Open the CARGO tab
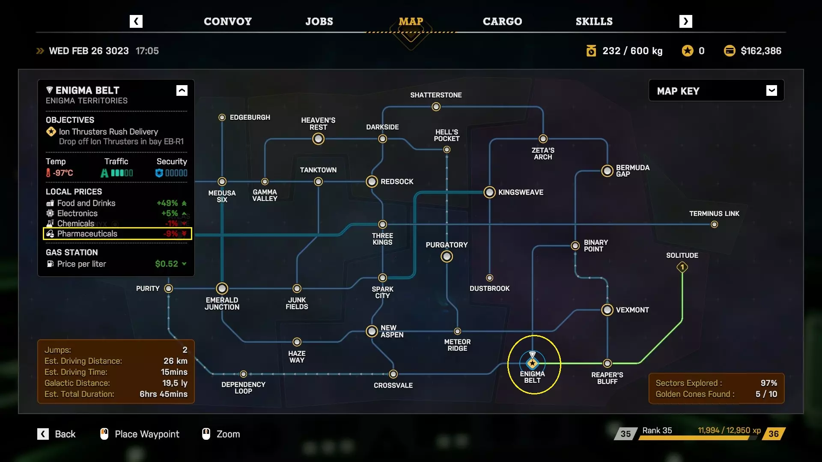502,21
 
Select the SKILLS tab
594,21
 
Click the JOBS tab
319,21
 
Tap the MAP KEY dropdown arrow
771,91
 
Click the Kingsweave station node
489,192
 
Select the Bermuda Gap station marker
607,171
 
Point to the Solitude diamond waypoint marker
682,267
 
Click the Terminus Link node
714,225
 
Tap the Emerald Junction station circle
222,288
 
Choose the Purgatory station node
447,256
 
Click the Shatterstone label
436,95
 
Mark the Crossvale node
393,374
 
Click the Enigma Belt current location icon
532,363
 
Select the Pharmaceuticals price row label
87,234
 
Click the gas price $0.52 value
167,264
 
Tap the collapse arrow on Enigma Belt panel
182,91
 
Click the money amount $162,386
761,51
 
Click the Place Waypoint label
147,434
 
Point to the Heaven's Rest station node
318,139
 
